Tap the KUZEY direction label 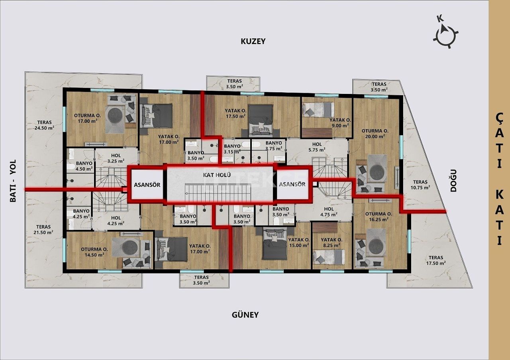point(253,41)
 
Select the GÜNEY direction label point(245,315)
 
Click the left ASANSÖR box point(147,185)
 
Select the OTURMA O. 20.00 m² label point(374,133)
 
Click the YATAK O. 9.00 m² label point(340,122)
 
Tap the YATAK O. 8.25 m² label point(331,243)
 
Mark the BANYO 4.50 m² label point(84,166)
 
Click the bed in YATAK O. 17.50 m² point(261,119)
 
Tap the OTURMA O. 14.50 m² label point(94,252)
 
